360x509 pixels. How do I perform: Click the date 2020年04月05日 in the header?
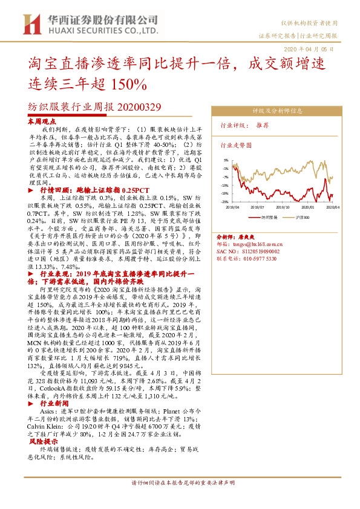click(x=308, y=49)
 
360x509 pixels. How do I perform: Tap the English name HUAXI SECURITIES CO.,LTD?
click(x=100, y=29)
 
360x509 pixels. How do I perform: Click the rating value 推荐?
click(x=262, y=126)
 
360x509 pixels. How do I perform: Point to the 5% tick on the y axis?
click(x=224, y=160)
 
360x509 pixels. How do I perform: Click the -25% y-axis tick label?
click(x=223, y=202)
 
